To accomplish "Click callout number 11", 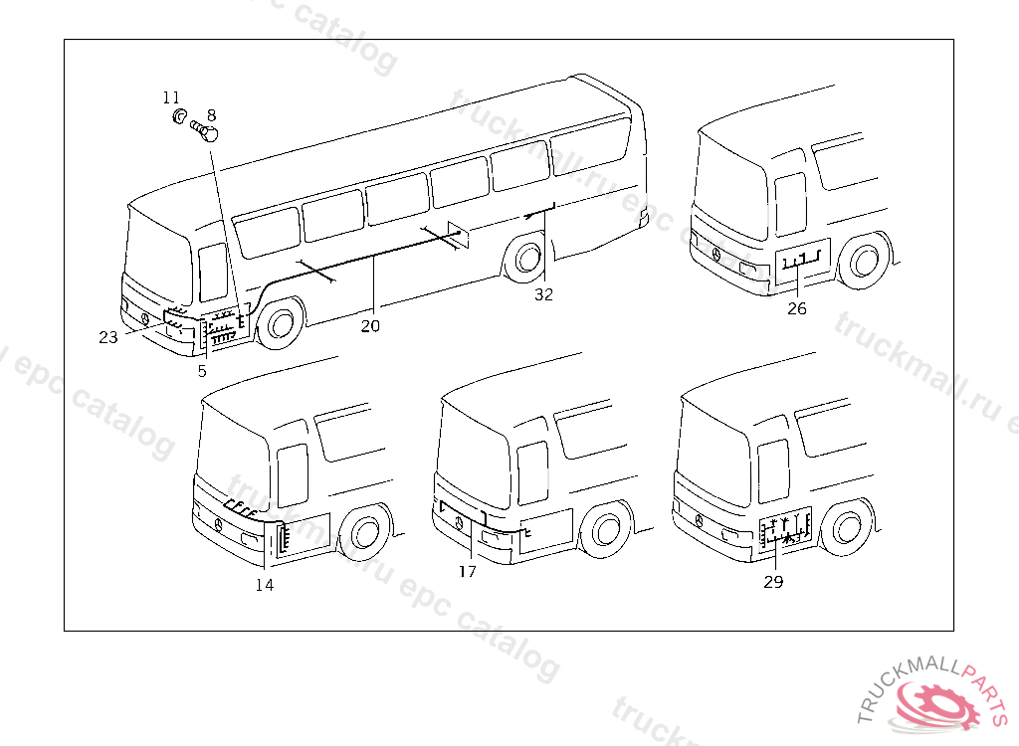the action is point(171,97).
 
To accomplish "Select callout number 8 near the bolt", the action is point(211,115).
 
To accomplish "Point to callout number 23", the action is point(108,337).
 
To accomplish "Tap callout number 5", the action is point(202,371).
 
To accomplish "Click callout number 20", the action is point(370,326).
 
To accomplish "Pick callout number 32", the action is point(544,295).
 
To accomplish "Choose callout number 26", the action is point(797,308).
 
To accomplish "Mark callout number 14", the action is point(265,585).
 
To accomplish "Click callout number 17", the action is point(468,571).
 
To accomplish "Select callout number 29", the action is point(773,582).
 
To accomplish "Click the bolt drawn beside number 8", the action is point(204,130).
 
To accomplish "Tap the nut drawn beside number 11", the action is point(179,117).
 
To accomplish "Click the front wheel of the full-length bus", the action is point(281,323).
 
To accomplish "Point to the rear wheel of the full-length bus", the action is point(526,259).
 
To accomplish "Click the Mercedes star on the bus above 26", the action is point(716,254).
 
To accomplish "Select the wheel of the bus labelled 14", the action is point(365,532).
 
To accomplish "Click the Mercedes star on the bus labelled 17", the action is point(459,523).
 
